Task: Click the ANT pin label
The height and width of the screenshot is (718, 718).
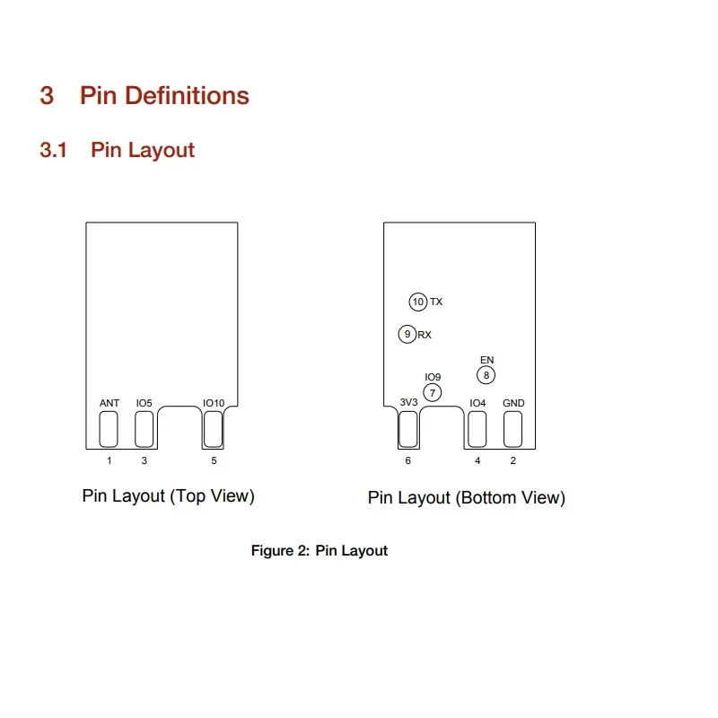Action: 109,403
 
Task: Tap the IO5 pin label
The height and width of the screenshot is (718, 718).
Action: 144,403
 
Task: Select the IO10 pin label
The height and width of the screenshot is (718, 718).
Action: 214,403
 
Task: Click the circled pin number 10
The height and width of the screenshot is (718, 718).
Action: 417,302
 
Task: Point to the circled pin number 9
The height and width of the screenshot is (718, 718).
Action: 407,334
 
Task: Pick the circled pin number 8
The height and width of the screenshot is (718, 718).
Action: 486,375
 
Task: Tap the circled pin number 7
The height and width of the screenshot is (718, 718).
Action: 433,392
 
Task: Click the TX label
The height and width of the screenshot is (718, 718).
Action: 436,302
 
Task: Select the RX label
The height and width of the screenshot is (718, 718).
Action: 425,335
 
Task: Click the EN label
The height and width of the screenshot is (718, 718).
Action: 486,360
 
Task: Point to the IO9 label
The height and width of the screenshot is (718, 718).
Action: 433,377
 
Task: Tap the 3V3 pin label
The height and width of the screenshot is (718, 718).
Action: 408,402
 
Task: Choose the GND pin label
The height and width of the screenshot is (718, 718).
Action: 513,403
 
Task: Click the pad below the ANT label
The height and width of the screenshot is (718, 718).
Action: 109,429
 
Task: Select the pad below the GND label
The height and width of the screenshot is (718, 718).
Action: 512,429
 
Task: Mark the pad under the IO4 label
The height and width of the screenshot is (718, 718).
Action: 477,429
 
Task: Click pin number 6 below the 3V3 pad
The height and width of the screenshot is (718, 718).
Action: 408,460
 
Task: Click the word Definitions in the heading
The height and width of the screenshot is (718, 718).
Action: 187,96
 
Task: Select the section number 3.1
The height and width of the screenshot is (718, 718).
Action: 53,150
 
